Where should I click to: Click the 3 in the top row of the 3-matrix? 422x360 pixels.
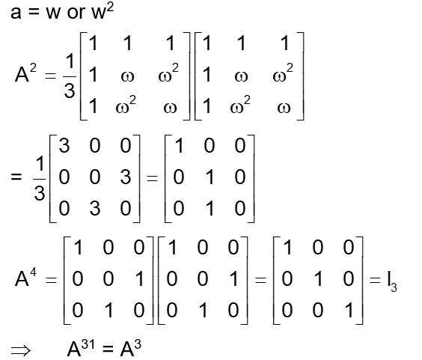point(65,146)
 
